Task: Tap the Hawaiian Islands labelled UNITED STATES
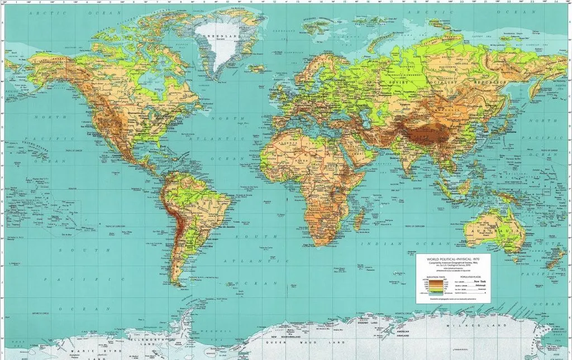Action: [x=35, y=147]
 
